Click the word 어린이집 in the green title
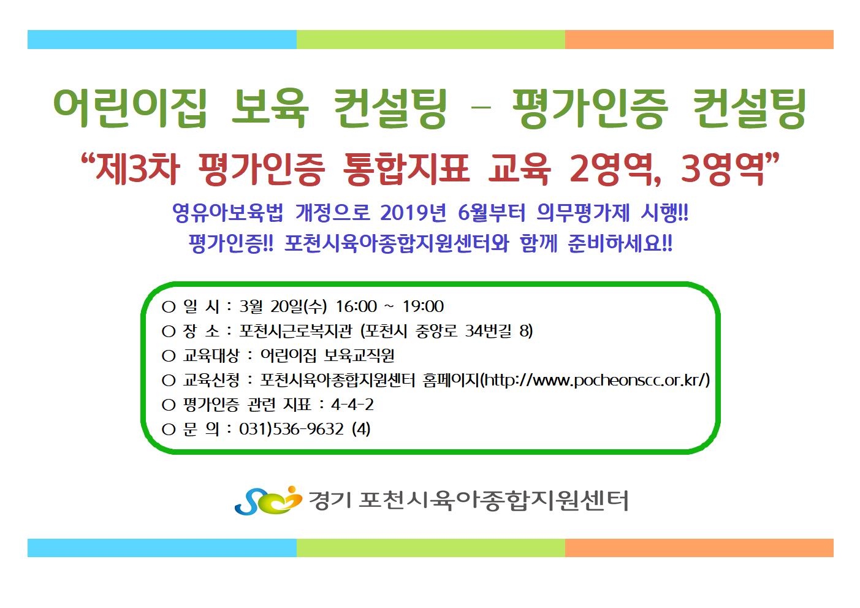pos(130,108)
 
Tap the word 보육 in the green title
pos(270,108)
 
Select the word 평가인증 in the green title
pos(590,108)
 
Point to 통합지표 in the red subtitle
pos(405,169)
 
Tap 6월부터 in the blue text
pos(492,212)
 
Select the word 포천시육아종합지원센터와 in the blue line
pos(397,243)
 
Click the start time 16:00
pos(356,306)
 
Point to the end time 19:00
pos(423,306)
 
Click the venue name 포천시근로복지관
pos(295,331)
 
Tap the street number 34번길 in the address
pos(488,331)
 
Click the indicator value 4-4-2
pos(352,405)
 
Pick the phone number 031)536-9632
pos(291,429)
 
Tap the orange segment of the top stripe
pos(699,40)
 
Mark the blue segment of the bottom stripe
pos(162,548)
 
